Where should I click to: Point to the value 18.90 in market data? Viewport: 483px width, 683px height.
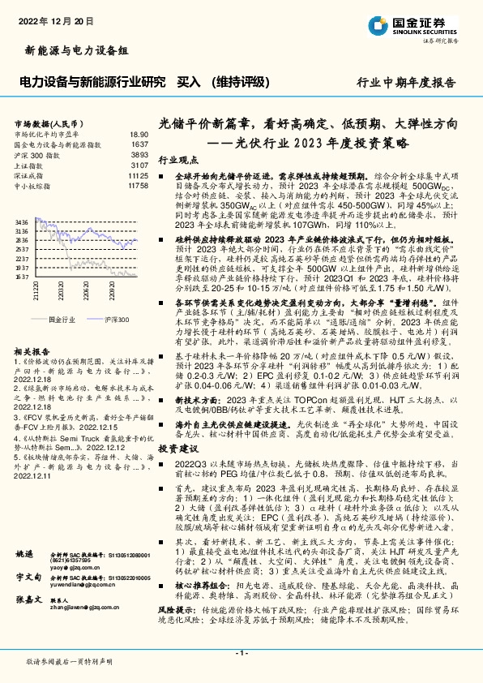point(139,134)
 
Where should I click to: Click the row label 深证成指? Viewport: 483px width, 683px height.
point(29,174)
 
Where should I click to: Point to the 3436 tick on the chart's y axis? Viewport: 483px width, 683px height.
point(21,221)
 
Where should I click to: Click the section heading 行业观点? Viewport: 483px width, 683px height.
point(173,161)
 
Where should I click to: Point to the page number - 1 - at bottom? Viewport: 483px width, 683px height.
point(241,653)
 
